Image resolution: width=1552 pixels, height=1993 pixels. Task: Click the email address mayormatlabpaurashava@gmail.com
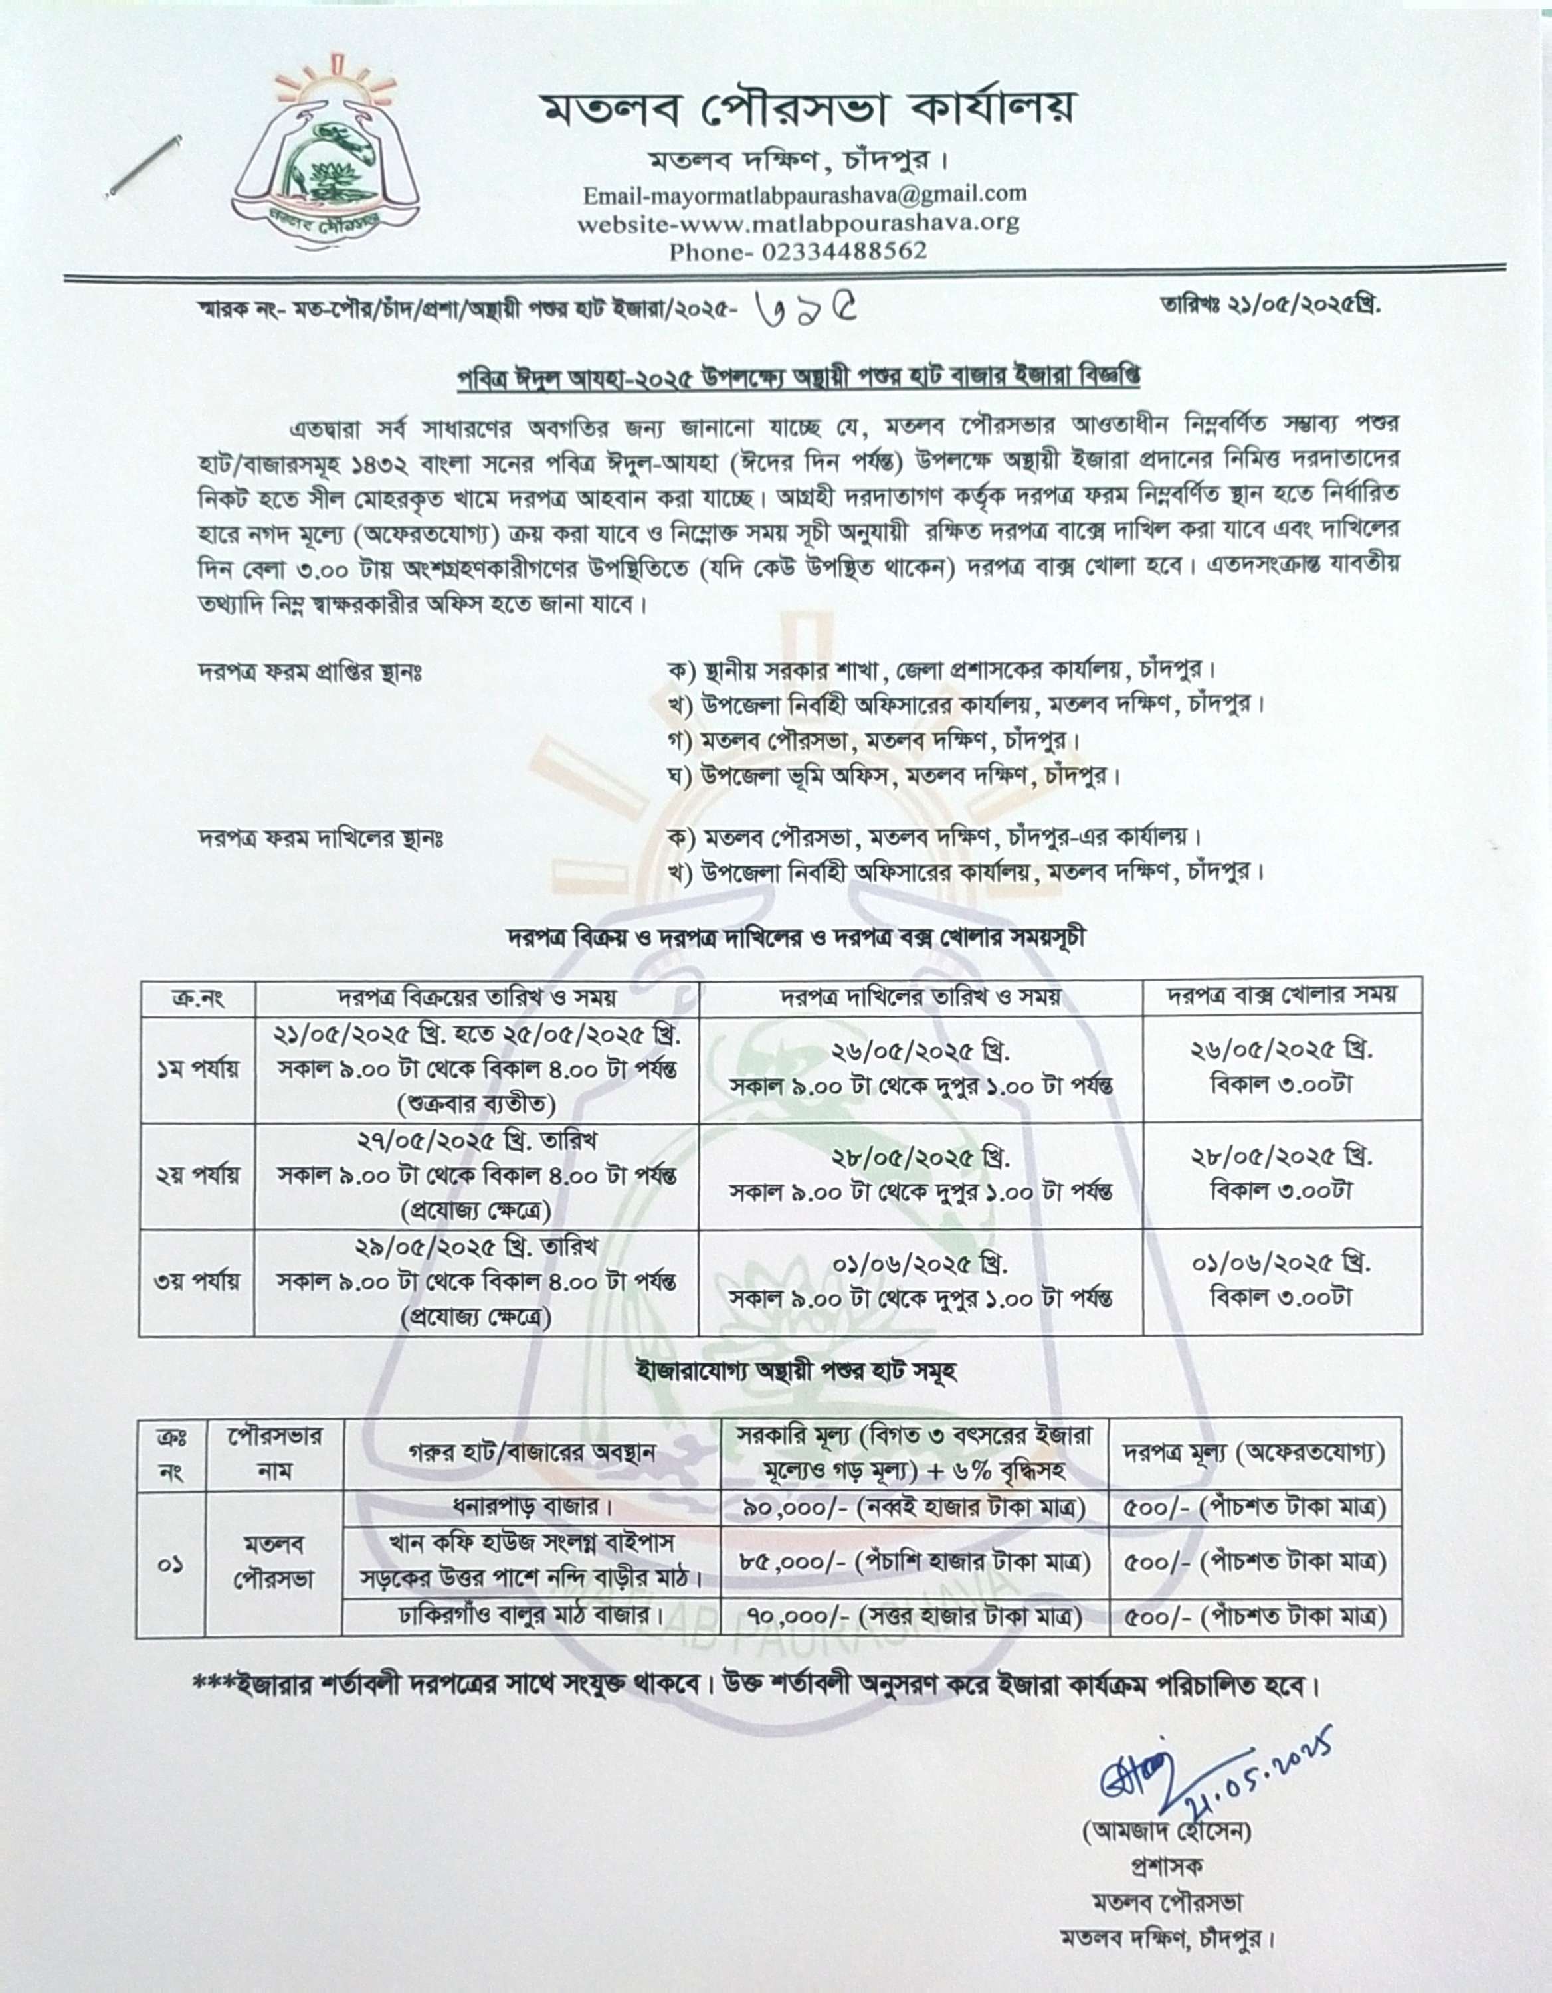point(805,193)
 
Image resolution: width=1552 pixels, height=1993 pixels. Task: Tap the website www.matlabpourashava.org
point(799,222)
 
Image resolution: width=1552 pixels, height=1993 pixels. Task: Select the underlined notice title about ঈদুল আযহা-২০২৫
point(799,376)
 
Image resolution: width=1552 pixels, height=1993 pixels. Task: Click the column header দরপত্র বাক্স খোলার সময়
point(1283,996)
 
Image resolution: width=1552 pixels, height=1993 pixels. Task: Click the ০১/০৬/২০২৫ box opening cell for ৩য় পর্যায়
point(1283,1280)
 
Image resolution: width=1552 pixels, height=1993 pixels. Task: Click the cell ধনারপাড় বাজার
point(531,1505)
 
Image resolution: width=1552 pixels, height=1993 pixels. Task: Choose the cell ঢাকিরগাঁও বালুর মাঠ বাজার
point(531,1616)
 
